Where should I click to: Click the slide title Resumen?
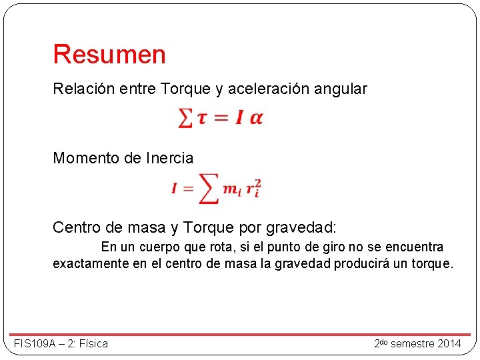coord(109,55)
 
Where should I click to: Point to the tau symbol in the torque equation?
coord(202,119)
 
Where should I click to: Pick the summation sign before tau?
coord(185,119)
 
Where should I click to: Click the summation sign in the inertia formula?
coord(209,189)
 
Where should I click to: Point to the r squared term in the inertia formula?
coord(253,189)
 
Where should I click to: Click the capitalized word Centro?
coord(76,228)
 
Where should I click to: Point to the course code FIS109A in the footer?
coord(36,344)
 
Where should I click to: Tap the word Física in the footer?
coord(93,344)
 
